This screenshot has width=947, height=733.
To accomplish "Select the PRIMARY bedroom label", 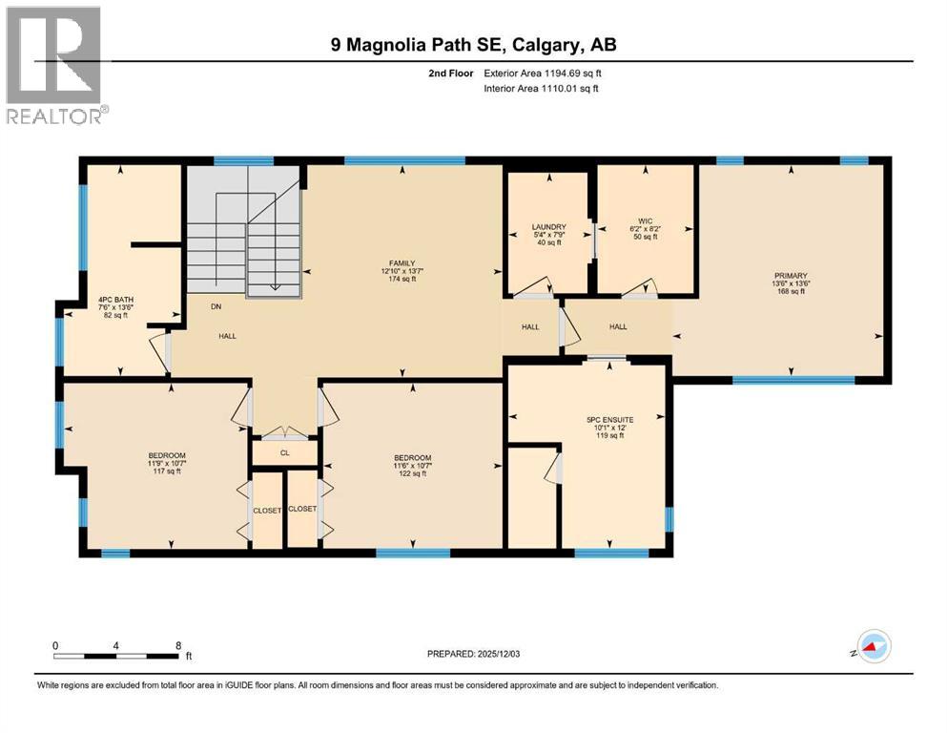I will coord(790,283).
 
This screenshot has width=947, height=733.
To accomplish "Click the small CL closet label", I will coord(284,452).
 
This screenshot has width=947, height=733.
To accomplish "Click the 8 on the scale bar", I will coord(178,644).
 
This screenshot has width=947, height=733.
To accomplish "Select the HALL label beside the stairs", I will coord(227,336).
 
